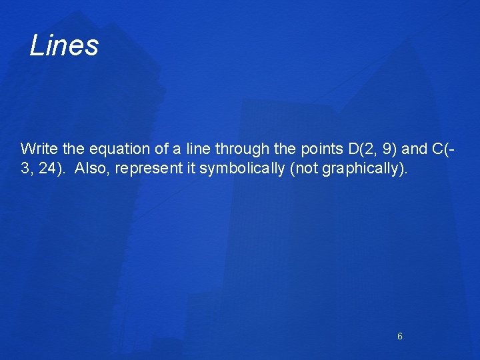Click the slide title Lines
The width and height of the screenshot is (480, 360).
[x=65, y=46]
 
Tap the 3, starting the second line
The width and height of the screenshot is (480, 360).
[x=26, y=168]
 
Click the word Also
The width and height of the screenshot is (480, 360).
[x=92, y=168]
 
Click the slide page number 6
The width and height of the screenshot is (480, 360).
[x=400, y=337]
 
